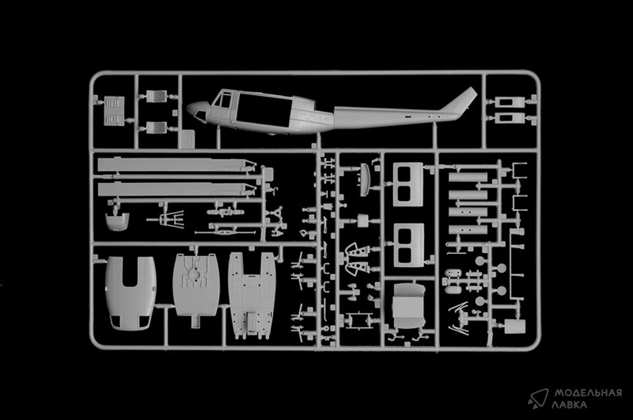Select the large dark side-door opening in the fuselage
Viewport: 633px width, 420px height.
click(264, 109)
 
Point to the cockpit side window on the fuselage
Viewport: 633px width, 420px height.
click(224, 99)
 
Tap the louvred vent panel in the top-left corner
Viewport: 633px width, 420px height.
click(114, 111)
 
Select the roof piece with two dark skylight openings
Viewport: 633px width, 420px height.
click(130, 292)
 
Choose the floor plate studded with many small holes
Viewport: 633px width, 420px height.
click(252, 295)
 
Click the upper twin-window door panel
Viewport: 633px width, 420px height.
click(408, 184)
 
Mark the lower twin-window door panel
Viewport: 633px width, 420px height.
click(408, 245)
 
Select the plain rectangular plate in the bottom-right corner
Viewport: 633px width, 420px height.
click(515, 326)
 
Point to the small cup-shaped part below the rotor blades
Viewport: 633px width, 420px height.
click(117, 221)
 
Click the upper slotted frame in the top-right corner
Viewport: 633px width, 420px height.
click(510, 102)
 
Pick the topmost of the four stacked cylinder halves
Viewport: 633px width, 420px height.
click(468, 177)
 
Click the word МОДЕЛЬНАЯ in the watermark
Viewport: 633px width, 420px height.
click(588, 393)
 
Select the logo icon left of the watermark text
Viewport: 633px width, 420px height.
click(538, 398)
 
